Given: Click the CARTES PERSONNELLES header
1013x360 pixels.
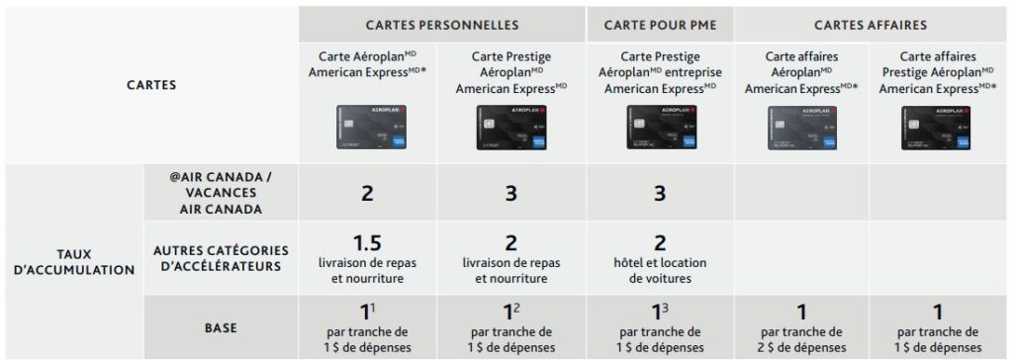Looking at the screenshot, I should coord(441,25).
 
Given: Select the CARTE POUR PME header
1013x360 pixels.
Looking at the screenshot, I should coord(660,25).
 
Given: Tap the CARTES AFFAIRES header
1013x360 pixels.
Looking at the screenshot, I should coord(871,25).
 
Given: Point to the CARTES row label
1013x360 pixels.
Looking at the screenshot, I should coord(151,85).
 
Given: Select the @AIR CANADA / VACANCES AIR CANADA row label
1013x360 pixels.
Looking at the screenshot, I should coord(221,193).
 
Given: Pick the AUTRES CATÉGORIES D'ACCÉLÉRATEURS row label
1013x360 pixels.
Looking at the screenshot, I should coord(221,260).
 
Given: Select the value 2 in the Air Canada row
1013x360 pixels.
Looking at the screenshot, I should coord(367,194).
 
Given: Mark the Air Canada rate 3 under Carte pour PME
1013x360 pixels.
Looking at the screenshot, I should coord(659,194).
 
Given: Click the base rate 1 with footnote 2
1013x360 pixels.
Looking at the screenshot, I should coord(510,313).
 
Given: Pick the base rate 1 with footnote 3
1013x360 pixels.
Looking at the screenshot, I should coord(657,313).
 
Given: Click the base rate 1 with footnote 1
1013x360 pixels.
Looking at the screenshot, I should coord(365,313).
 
